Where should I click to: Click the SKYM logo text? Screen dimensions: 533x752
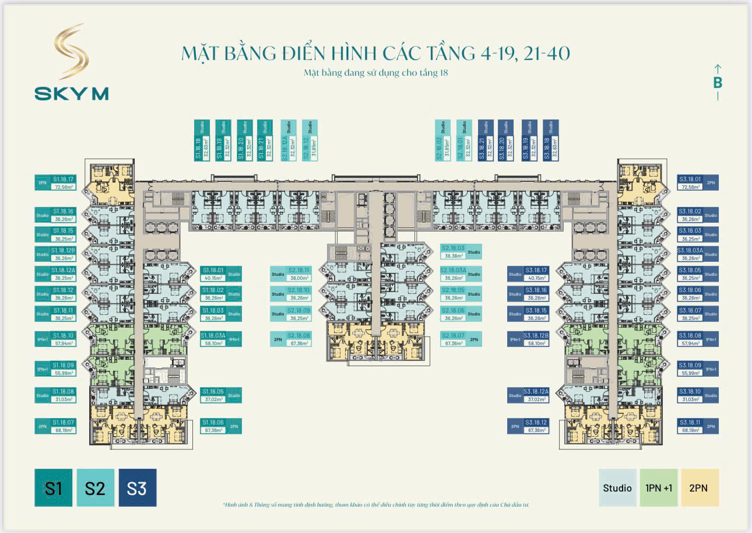[71, 93]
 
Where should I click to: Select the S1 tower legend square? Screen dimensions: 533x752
[54, 488]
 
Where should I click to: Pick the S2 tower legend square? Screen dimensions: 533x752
[95, 488]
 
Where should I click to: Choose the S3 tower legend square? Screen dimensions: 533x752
[137, 488]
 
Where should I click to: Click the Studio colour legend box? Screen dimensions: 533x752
[617, 488]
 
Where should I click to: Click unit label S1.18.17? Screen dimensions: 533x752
[63, 183]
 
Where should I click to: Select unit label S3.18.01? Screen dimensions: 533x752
[690, 183]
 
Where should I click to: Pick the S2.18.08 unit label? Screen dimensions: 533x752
[298, 339]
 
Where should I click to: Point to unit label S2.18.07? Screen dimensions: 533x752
[453, 339]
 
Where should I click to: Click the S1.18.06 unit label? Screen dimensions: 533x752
[212, 426]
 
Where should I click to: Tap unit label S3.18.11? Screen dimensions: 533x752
[690, 426]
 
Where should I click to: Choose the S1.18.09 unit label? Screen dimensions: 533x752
[63, 369]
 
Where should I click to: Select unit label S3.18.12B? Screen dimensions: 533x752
[536, 339]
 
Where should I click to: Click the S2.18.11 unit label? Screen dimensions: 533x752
[298, 274]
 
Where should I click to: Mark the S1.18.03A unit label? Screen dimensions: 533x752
[212, 339]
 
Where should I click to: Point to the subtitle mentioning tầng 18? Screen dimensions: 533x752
[375, 73]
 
